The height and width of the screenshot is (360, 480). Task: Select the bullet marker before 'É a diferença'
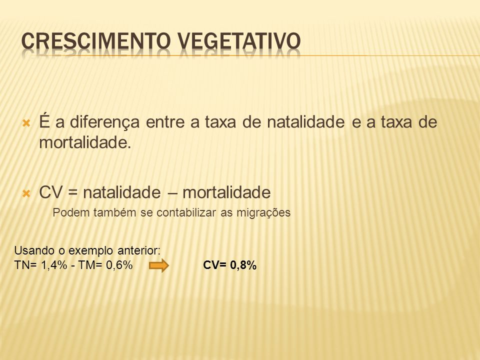[x=26, y=123]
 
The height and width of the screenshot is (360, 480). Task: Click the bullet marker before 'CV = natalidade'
[x=26, y=193]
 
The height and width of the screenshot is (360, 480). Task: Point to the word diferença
[x=104, y=122]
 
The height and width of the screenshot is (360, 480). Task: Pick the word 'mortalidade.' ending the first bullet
[x=85, y=142]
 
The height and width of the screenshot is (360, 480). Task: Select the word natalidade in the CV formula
[x=122, y=192]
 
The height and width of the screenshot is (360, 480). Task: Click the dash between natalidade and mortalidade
[x=171, y=193]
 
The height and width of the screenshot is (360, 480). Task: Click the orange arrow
[x=159, y=265]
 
